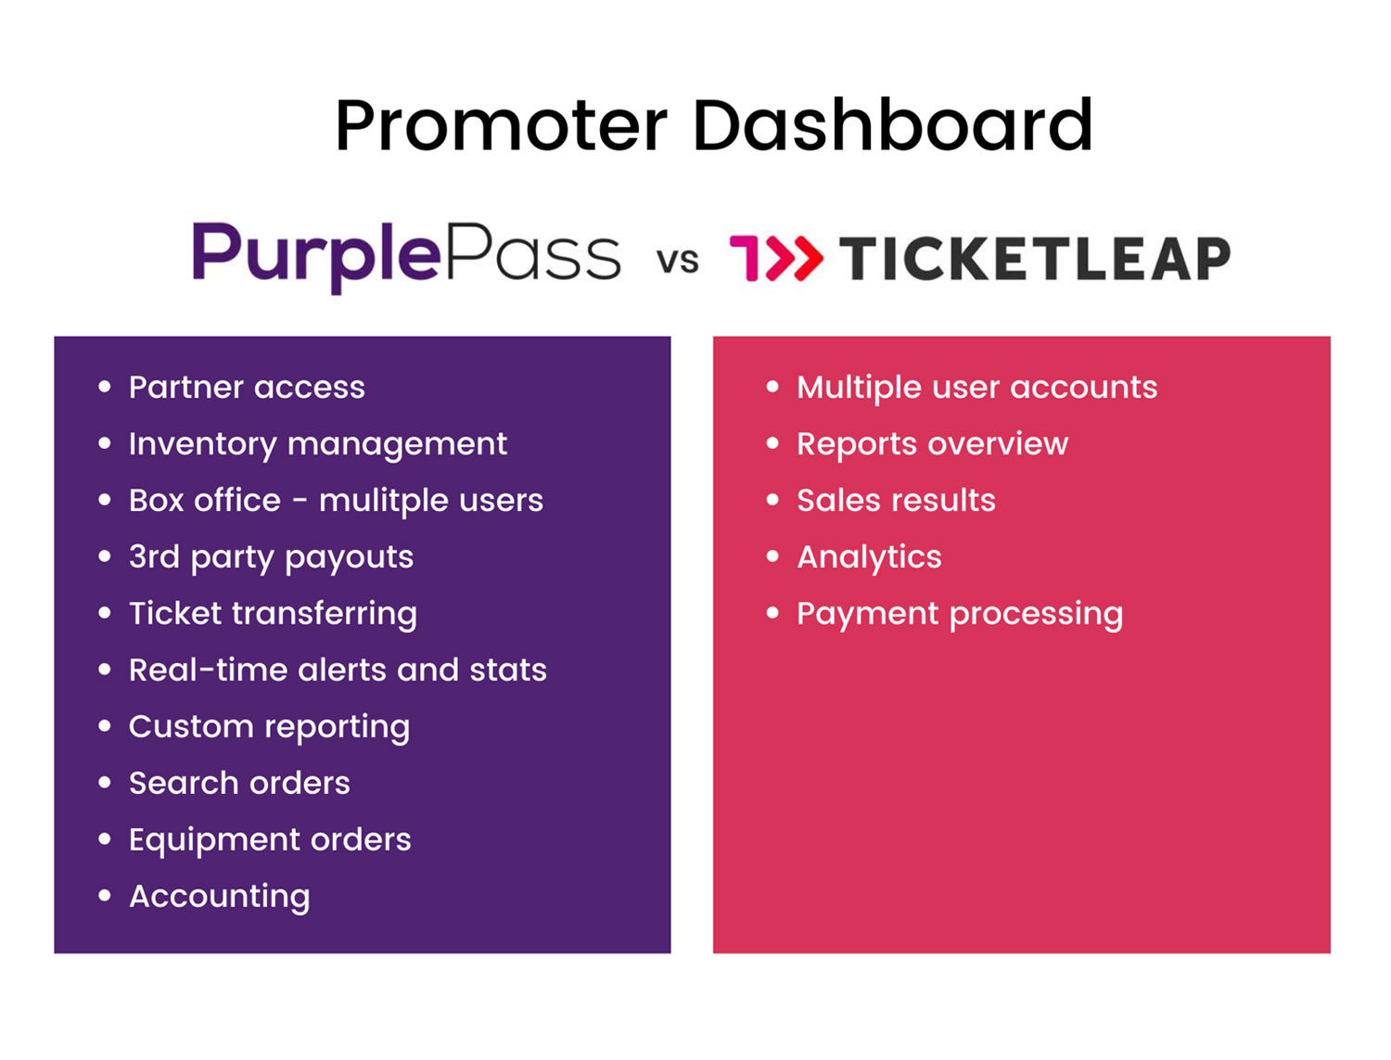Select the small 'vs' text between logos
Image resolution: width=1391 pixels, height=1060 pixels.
[x=678, y=261]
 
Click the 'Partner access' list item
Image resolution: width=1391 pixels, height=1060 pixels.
[x=247, y=387]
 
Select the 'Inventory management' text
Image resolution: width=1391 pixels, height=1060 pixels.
[x=318, y=443]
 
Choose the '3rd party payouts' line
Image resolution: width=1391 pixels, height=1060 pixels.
[x=271, y=556]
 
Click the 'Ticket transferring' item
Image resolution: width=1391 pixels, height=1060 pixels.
[x=273, y=613]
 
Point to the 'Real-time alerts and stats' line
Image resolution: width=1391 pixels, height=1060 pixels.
[x=338, y=670]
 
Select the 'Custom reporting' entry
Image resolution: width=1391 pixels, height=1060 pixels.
[x=269, y=726]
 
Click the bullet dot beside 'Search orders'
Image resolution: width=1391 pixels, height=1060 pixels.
[x=105, y=783]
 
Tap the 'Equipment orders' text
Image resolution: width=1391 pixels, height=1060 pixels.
[x=270, y=839]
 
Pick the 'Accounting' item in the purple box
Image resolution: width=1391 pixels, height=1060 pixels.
[x=220, y=896]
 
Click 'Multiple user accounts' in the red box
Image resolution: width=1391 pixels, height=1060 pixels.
[x=976, y=387]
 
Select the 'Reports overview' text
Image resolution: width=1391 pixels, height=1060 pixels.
[x=932, y=443]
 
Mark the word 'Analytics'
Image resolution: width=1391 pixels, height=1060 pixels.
[x=869, y=556]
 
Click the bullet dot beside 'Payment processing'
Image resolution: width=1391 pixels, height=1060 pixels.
[x=772, y=613]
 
